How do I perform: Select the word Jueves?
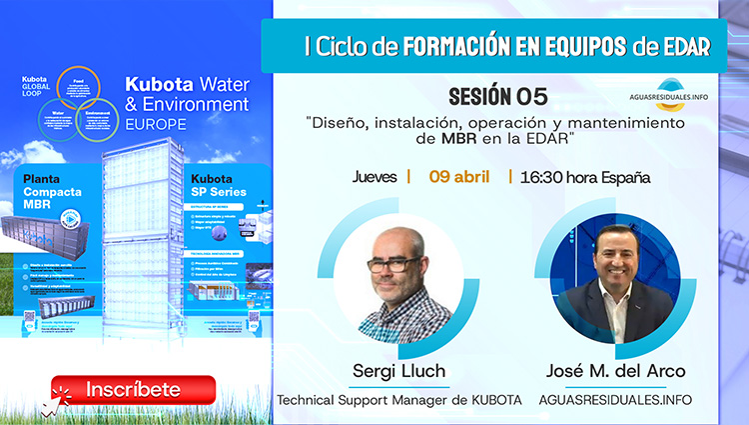click(374, 177)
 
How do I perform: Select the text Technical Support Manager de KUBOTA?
click(399, 400)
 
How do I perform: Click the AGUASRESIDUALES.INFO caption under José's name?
click(615, 400)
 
